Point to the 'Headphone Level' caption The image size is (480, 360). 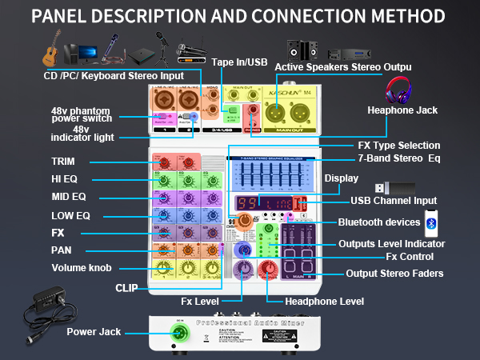tap(325, 302)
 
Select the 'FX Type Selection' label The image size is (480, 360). tap(398, 146)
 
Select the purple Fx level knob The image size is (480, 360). tap(242, 270)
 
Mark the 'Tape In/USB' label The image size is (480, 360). tap(238, 62)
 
